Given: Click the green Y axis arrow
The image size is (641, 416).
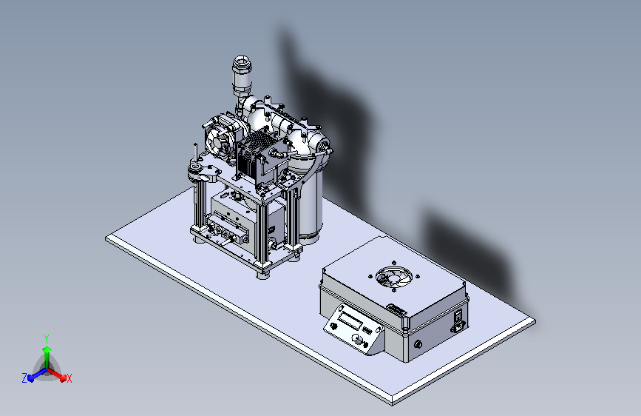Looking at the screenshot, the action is (47, 357).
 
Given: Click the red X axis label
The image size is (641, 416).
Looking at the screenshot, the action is (69, 379).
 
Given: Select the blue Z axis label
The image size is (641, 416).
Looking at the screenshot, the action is (24, 378).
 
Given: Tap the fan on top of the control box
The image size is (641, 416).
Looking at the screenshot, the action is (393, 277).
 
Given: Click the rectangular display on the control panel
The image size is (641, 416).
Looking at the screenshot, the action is (351, 319).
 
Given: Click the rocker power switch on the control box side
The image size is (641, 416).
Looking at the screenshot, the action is (458, 315).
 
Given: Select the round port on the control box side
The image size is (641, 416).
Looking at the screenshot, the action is (418, 344).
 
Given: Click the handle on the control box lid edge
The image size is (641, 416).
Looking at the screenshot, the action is (396, 309).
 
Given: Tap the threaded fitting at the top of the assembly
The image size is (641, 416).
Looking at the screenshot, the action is (242, 74).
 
